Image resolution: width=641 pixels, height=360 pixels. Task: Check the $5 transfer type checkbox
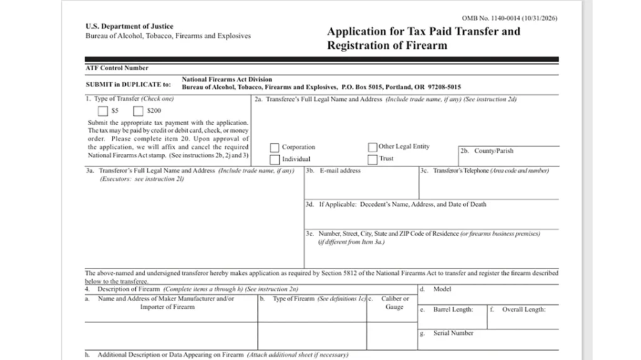103,111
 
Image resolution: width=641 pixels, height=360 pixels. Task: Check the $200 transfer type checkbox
138,111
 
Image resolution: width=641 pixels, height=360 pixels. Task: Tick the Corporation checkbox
274,148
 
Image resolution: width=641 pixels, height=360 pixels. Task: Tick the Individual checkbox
274,159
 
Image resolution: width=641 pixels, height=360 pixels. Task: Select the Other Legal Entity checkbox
372,147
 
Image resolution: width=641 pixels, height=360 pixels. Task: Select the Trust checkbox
372,159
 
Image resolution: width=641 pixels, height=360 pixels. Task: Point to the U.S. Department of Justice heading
129,26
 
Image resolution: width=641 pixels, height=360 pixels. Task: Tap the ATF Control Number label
116,68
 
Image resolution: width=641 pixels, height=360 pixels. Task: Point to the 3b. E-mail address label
333,170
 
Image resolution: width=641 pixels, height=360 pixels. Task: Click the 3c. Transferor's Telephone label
484,170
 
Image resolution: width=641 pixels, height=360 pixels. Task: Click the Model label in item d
442,289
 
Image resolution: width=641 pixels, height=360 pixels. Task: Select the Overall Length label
523,309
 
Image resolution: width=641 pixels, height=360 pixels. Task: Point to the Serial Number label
453,333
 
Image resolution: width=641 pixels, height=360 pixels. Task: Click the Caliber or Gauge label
394,303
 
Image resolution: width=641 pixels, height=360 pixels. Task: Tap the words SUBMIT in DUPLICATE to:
128,84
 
